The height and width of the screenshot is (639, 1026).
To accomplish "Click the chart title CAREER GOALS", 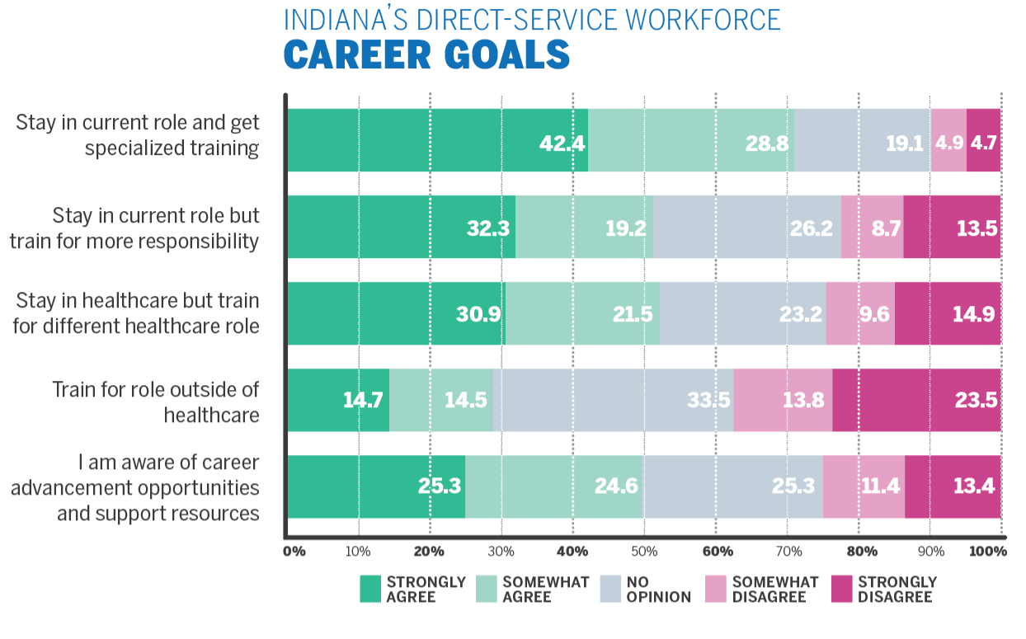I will point(426,54).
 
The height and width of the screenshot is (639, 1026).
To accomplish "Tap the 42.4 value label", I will point(562,143).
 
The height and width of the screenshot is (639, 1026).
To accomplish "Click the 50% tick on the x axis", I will point(643,551).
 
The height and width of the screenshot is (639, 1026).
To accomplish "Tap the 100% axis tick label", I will point(988,551).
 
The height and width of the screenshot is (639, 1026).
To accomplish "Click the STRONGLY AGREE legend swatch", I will point(370,589).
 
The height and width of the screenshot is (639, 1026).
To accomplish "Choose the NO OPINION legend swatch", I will point(610,589).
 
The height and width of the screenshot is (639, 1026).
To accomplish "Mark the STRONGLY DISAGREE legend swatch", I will point(840,589).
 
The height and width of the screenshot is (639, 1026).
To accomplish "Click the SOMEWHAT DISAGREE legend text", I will point(775,589).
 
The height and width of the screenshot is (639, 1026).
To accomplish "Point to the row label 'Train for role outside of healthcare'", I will point(156,401).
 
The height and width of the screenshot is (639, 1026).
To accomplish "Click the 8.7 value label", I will point(886,228).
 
